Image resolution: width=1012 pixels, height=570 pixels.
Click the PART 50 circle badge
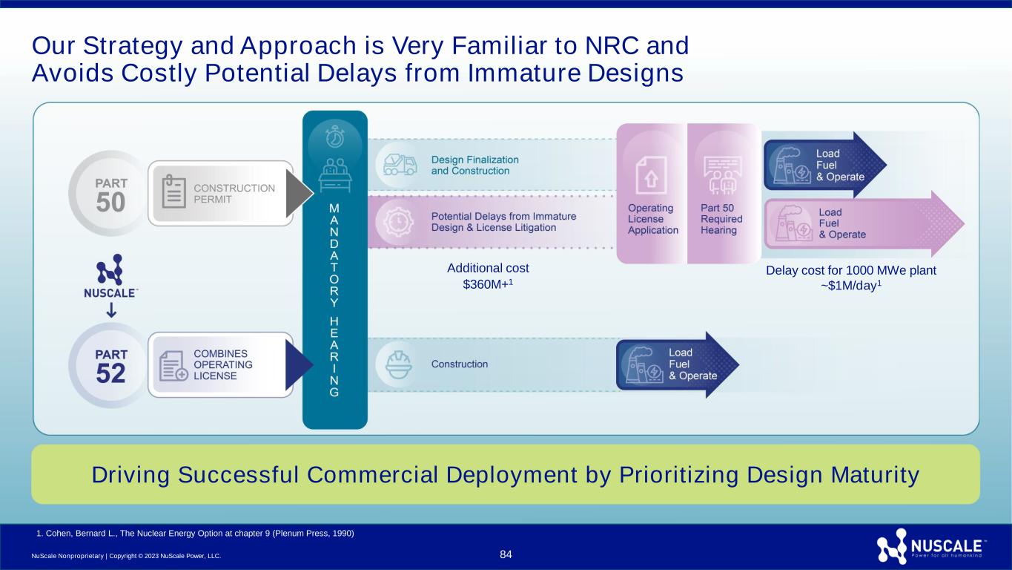click(110, 192)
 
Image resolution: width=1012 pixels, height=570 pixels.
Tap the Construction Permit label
click(234, 194)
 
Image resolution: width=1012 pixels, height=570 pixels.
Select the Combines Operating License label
click(223, 364)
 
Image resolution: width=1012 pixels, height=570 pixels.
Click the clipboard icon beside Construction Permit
click(173, 193)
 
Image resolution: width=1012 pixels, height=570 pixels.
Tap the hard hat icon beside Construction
click(400, 364)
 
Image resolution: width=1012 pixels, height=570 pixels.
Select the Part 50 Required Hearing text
click(721, 219)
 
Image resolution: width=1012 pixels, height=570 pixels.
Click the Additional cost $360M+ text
click(488, 276)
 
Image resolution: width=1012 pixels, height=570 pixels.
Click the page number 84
click(506, 554)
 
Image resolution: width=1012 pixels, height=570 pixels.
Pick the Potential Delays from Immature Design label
click(503, 222)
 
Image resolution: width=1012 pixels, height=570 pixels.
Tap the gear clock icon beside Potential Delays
click(400, 222)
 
